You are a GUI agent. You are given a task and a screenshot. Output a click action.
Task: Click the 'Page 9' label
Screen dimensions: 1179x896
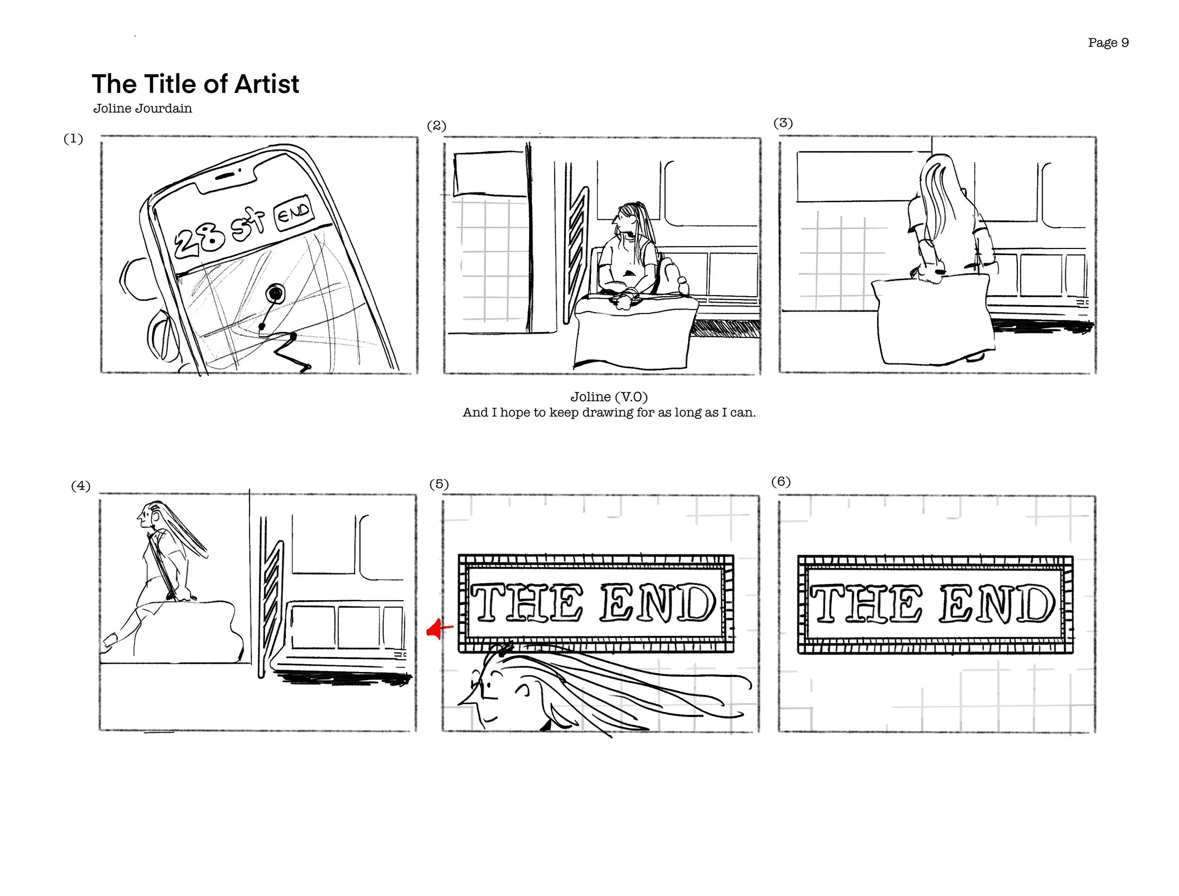(x=1108, y=42)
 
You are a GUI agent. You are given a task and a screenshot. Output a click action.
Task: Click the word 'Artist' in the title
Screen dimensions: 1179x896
(x=266, y=84)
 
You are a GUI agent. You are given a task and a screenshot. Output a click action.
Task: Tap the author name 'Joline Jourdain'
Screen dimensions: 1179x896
(x=142, y=108)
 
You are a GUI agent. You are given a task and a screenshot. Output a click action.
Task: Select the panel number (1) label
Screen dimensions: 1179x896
(x=73, y=139)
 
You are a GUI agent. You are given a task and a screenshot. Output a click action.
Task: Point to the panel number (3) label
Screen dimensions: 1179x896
(x=783, y=123)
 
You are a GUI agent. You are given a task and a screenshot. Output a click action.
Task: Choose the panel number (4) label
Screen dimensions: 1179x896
(x=81, y=485)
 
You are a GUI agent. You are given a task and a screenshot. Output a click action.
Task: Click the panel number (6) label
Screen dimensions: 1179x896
(x=780, y=481)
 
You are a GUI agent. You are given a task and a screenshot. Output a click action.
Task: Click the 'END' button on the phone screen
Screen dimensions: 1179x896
(x=293, y=213)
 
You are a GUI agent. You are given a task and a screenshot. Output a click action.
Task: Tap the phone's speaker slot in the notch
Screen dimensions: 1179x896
(x=226, y=175)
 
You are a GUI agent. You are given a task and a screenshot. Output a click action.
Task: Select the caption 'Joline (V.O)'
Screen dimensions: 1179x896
(x=609, y=397)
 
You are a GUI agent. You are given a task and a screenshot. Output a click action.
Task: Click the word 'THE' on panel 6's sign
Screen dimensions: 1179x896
(x=866, y=603)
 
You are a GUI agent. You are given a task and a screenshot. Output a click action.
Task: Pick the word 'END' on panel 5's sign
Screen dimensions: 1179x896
(x=658, y=603)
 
